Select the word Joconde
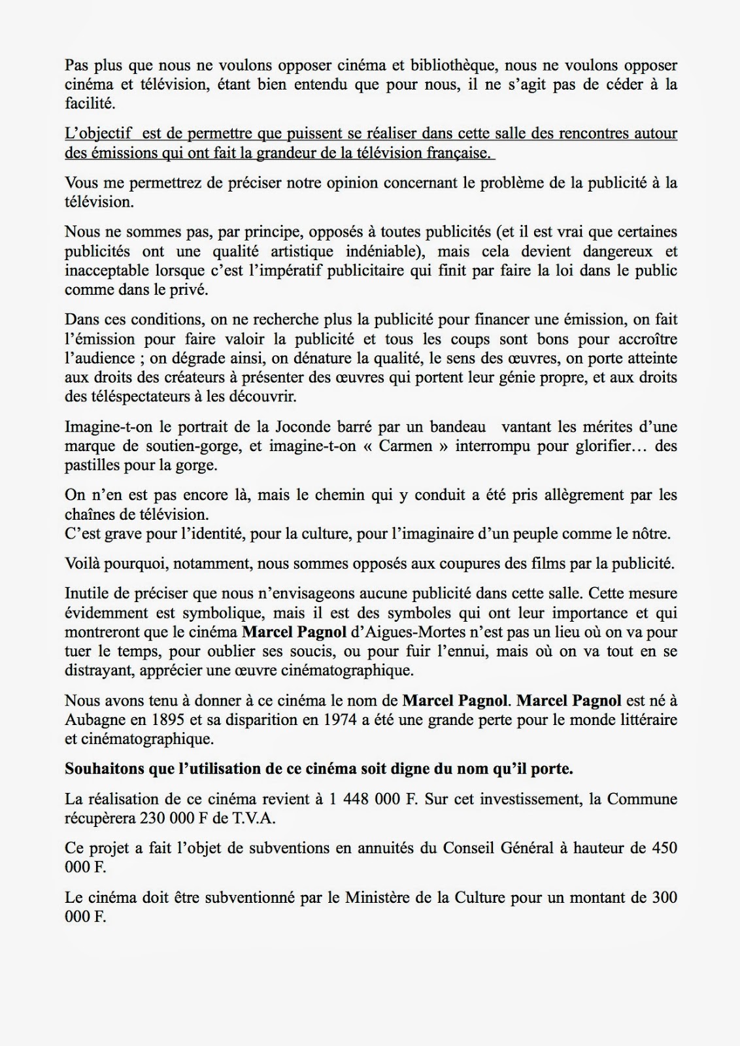279,427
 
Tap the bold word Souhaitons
105,769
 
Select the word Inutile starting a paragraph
86,594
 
